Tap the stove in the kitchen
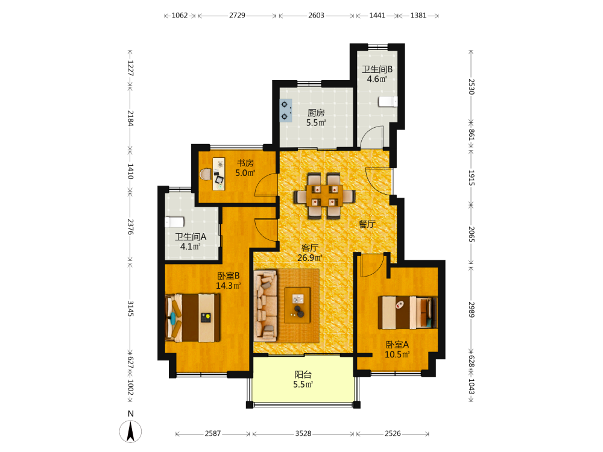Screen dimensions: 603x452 coord(285,110)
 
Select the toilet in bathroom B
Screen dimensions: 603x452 coord(388,101)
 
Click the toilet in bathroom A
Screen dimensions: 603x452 coord(175,222)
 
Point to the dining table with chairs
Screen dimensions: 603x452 coord(324,196)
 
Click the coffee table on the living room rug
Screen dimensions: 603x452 coord(297,305)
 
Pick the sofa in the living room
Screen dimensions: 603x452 coord(265,306)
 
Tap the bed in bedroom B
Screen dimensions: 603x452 coord(193,318)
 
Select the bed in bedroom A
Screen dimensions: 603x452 coord(408,312)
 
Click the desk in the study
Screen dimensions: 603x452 coord(219,174)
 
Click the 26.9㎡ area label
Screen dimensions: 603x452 coord(310,258)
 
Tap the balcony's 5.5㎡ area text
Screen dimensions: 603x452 coord(303,385)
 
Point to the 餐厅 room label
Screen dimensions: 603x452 coord(367,224)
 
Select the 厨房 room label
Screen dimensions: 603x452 coord(316,113)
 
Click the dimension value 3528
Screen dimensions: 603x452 coord(303,433)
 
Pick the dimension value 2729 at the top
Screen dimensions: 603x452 coord(237,16)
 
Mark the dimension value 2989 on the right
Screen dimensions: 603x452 coord(472,309)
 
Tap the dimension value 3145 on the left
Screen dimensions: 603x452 coord(130,309)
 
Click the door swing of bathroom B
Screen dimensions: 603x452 coord(371,136)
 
